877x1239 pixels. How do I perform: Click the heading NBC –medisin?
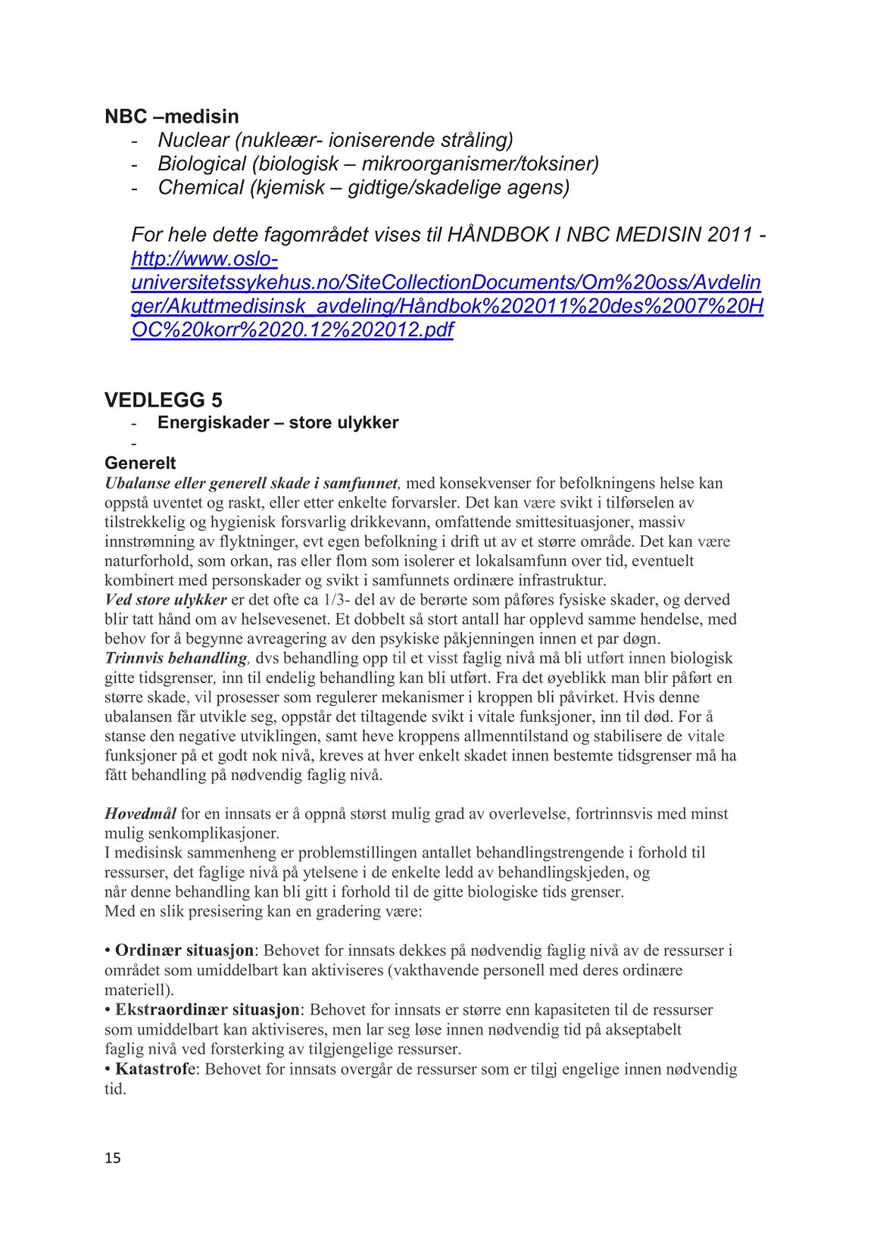(171, 117)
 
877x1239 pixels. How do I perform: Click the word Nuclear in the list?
(192, 140)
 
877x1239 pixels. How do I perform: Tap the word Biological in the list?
(201, 164)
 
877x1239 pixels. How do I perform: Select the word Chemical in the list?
(200, 187)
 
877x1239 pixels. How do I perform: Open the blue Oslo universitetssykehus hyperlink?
(447, 295)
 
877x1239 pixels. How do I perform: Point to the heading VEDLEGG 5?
(163, 400)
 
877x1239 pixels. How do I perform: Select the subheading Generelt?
(140, 463)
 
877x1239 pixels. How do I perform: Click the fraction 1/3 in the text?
(333, 600)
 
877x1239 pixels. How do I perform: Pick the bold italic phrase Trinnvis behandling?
(176, 658)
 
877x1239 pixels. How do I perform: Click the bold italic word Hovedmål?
(140, 814)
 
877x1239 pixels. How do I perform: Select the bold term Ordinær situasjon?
(186, 950)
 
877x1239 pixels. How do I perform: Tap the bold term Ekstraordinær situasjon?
(208, 1010)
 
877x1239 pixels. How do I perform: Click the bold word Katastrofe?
(155, 1069)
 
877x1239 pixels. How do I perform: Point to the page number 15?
(113, 1158)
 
